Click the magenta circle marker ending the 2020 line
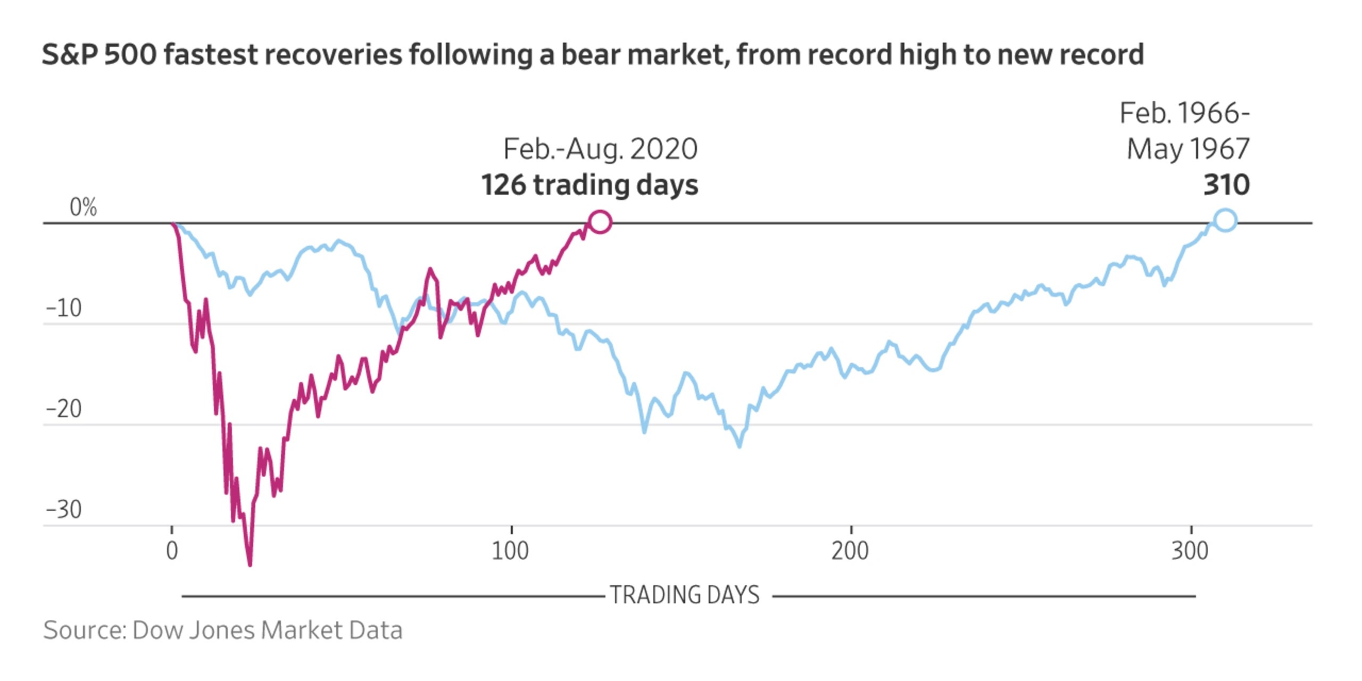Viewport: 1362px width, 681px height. coord(600,222)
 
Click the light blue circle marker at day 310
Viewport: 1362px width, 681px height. coord(1225,220)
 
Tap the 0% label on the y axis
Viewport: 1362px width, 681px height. coord(83,207)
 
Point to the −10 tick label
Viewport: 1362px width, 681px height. coord(64,308)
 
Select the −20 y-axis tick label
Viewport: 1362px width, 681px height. coord(64,409)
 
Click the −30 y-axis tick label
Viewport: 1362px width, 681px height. coord(64,510)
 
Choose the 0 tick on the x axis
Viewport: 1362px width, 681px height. coord(172,551)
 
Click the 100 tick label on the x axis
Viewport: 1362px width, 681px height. coord(510,551)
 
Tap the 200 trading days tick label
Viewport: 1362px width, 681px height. coord(850,551)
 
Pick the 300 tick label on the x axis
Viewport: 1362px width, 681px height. coord(1190,551)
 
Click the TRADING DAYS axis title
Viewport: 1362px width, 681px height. coord(685,595)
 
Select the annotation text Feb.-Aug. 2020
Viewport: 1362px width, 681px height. coord(600,149)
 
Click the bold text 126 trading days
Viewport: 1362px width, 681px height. coord(589,185)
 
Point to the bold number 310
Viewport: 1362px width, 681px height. coord(1226,185)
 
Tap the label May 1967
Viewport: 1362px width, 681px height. coord(1188,149)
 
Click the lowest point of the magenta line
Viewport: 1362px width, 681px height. coord(250,564)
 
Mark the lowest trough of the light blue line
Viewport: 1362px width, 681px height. coord(740,446)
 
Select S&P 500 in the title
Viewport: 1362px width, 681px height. coord(99,55)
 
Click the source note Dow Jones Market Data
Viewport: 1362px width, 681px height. coord(267,630)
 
